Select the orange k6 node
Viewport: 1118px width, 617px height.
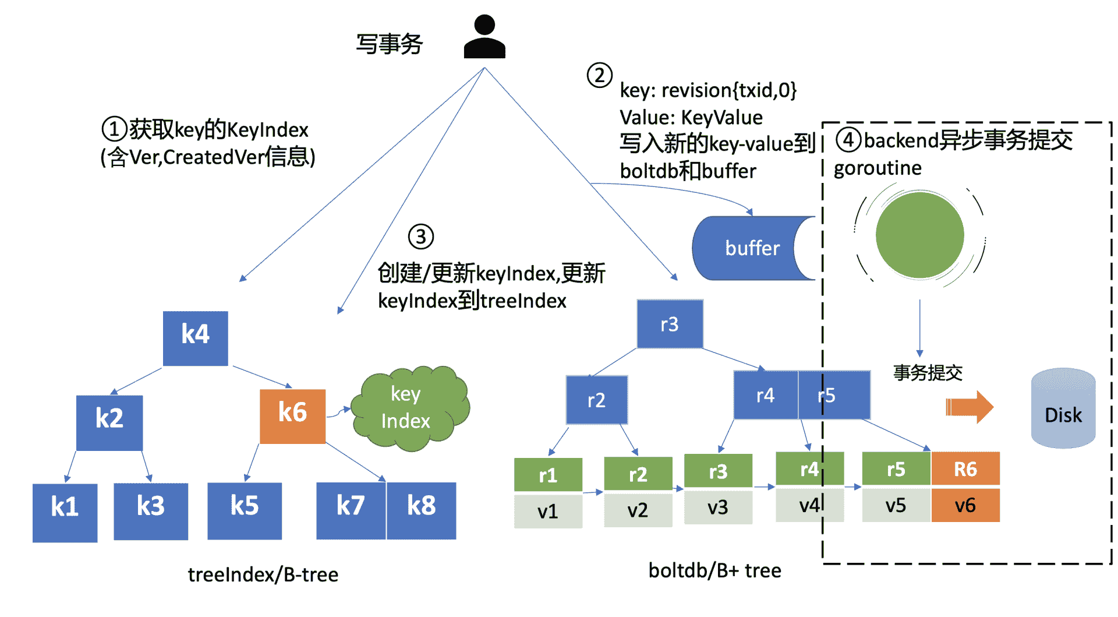click(292, 416)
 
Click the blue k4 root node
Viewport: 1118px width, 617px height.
click(195, 338)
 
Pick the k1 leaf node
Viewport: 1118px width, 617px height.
click(65, 512)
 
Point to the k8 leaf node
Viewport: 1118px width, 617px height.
click(421, 510)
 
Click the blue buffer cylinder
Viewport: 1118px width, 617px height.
click(751, 248)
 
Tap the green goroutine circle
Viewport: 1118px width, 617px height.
click(919, 235)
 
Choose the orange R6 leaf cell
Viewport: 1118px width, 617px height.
click(965, 469)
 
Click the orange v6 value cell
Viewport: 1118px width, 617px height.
click(965, 505)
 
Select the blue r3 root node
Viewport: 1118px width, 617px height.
click(670, 324)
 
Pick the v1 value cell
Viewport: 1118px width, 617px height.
click(547, 511)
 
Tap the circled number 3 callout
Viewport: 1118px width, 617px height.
click(420, 237)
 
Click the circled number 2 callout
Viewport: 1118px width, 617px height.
click(599, 75)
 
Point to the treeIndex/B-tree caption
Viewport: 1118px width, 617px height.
click(263, 574)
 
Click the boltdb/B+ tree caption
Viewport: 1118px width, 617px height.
click(714, 570)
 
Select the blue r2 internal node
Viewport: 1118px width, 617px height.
click(596, 400)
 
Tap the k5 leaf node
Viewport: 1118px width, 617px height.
click(245, 510)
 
